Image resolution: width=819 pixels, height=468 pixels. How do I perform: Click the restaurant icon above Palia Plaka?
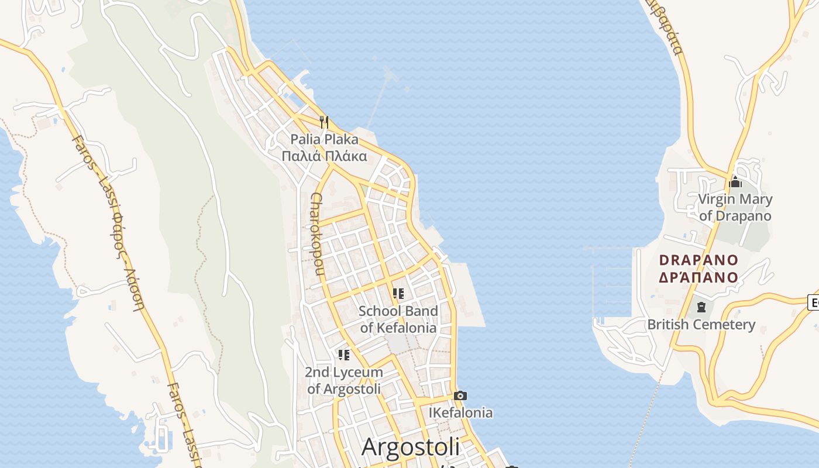click(x=324, y=122)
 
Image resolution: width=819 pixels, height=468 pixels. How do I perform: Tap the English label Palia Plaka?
click(x=324, y=140)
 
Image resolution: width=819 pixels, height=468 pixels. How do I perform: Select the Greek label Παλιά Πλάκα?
click(x=324, y=156)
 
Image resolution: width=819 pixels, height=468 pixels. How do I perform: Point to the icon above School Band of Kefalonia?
click(x=398, y=294)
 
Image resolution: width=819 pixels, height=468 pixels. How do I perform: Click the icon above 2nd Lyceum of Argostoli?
click(x=344, y=355)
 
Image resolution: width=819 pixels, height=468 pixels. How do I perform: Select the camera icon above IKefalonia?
click(x=460, y=395)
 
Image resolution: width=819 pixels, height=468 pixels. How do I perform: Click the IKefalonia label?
click(x=460, y=413)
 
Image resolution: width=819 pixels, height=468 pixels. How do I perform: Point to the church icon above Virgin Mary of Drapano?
click(x=735, y=182)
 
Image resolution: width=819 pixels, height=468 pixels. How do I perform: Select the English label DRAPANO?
click(x=698, y=260)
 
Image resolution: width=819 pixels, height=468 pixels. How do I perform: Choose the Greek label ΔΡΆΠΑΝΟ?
click(x=698, y=277)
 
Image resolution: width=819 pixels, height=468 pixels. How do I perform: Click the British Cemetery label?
click(x=701, y=325)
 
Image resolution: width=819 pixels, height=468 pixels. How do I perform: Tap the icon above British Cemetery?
click(x=701, y=307)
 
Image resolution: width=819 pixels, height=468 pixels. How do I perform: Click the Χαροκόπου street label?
click(x=316, y=233)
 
